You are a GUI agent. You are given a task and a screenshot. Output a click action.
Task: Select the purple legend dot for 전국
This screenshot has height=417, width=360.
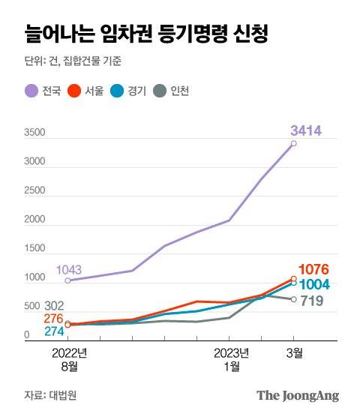click(x=31, y=91)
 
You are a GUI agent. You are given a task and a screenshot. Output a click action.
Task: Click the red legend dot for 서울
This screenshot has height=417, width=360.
click(x=74, y=91)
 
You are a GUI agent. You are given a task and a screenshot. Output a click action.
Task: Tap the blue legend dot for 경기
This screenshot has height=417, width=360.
click(x=118, y=91)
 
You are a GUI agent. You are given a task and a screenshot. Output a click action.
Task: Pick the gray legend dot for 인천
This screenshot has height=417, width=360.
click(x=160, y=91)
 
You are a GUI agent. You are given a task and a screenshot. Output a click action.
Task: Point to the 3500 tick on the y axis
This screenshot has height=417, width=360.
click(x=34, y=133)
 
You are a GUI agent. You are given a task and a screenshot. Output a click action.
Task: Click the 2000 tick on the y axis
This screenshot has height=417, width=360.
click(x=34, y=220)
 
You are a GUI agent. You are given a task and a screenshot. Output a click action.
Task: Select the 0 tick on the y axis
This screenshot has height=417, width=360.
click(x=26, y=335)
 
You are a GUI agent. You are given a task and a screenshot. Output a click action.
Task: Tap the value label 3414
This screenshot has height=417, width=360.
click(x=306, y=131)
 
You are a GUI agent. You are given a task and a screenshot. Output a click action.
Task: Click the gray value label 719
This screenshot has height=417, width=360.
click(x=312, y=301)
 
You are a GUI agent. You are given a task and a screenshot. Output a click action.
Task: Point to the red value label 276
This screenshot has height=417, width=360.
click(x=53, y=319)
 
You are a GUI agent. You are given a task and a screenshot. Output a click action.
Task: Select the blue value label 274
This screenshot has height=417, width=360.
click(x=53, y=331)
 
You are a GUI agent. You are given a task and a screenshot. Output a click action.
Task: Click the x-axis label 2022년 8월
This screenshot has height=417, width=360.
click(x=69, y=358)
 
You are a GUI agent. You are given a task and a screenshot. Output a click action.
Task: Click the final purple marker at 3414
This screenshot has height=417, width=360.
click(x=293, y=143)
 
